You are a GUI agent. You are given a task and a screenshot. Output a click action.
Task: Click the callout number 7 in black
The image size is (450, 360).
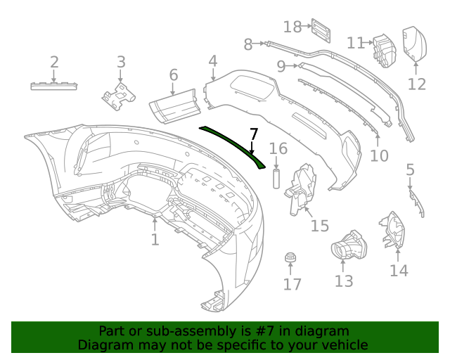click(x=254, y=134)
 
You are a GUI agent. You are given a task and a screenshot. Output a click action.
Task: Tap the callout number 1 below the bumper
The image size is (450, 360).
click(x=155, y=240)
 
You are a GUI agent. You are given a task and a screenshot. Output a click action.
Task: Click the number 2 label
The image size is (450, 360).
click(x=54, y=63)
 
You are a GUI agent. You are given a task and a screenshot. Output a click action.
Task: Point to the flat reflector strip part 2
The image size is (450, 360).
click(x=54, y=86)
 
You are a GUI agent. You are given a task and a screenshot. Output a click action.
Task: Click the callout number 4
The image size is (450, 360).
click(x=212, y=63)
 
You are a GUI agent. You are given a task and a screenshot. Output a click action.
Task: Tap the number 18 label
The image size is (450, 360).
click(x=292, y=27)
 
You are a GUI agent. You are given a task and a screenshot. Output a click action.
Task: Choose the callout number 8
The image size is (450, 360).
click(x=247, y=45)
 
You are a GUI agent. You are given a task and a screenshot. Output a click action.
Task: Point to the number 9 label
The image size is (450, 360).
click(x=281, y=67)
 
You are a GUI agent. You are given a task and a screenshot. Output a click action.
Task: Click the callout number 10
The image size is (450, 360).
click(x=379, y=155)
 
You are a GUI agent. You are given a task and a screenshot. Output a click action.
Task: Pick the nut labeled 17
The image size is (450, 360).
click(x=289, y=259)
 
